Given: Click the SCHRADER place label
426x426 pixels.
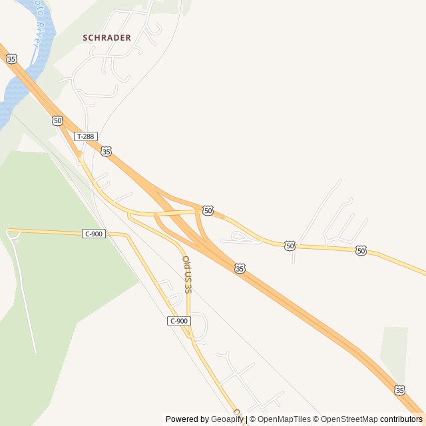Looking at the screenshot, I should point(106,38).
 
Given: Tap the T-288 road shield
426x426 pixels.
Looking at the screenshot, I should point(86,136).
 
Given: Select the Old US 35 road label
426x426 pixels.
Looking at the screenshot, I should point(187,275).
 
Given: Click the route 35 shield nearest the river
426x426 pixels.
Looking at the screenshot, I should point(11,59).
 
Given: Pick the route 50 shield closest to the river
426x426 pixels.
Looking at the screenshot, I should point(57,120).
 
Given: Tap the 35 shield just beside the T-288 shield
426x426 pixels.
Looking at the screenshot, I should point(106,152).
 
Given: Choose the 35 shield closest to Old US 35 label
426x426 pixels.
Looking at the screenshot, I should point(240,268).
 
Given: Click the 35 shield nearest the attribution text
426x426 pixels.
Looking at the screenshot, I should point(399,389).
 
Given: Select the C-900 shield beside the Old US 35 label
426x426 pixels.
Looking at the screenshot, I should point(179,321).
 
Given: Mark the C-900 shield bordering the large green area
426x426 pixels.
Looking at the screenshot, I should point(94,234).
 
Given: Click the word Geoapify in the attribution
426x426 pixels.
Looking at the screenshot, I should point(228,419).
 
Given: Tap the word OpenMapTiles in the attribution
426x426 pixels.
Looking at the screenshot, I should point(284,419).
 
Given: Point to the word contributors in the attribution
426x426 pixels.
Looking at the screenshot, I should point(401,419).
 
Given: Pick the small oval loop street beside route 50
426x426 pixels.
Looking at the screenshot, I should point(239,236).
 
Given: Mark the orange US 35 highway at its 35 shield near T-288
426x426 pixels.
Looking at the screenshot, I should point(116,158).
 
